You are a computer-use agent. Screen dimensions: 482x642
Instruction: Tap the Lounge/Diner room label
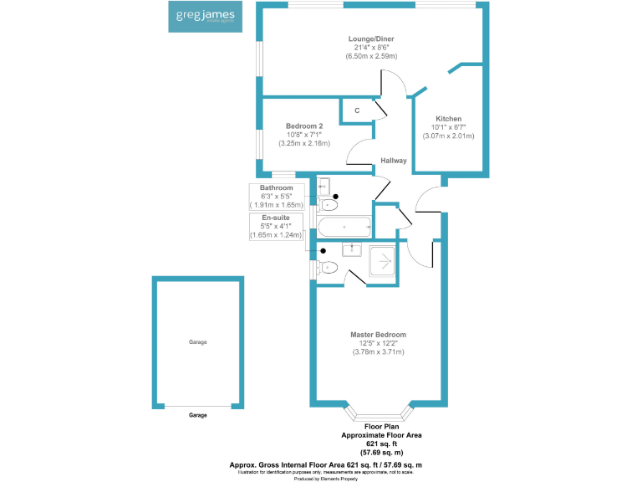[x=371, y=38]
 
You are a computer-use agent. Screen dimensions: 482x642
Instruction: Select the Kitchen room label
[x=448, y=119]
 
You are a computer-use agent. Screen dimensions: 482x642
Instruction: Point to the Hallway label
[x=394, y=161]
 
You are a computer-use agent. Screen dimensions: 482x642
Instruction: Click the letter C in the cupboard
[x=357, y=110]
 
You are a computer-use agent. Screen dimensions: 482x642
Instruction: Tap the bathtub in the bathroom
[x=344, y=226]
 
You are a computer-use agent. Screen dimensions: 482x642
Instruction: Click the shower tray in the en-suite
[x=381, y=261]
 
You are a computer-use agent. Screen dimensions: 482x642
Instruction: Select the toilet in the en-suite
[x=327, y=268]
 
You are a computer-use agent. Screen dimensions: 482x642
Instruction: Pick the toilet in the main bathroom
[x=329, y=204]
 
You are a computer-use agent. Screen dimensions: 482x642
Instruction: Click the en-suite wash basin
[x=353, y=249]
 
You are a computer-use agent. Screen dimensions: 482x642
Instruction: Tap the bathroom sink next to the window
[x=324, y=187]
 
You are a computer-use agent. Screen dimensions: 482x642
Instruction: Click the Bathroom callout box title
[x=277, y=187]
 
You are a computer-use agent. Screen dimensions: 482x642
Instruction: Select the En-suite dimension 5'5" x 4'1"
[x=277, y=226]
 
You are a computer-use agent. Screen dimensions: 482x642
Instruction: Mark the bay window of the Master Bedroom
[x=379, y=413]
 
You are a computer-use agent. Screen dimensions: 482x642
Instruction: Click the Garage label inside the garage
[x=197, y=342]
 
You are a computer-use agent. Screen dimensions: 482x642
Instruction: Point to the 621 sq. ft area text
[x=380, y=444]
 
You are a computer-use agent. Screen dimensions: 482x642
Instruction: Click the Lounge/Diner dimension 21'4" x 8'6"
[x=371, y=48]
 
